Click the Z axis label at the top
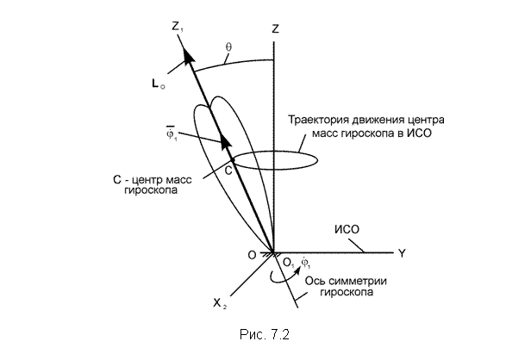275,28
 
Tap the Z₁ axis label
178,27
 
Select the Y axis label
402,253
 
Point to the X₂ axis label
220,303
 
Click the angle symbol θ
228,47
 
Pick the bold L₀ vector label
158,84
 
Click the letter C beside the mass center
228,171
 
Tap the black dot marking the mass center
233,159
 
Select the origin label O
252,255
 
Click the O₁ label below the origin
289,264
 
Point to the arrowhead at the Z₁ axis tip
188,54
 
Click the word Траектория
318,120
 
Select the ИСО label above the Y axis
347,230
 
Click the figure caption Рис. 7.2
265,334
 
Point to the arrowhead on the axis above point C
225,140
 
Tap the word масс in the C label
178,179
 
